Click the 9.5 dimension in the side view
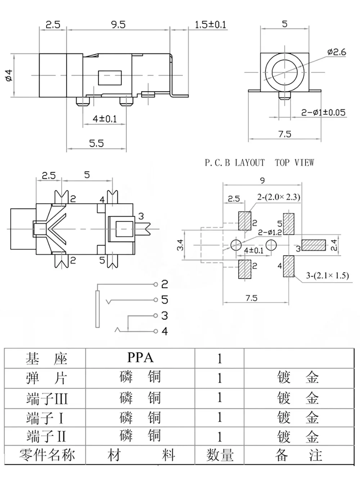(x=118, y=24)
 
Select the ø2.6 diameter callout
(x=337, y=52)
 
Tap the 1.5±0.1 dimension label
(x=210, y=24)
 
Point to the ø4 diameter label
(x=9, y=75)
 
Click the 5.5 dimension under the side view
(x=96, y=143)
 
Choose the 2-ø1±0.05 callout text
(x=323, y=112)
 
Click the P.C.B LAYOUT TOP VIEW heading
(x=260, y=163)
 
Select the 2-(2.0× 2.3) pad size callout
(x=279, y=197)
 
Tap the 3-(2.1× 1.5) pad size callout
(x=327, y=275)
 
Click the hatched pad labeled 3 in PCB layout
(x=314, y=245)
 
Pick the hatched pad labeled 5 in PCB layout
(x=288, y=224)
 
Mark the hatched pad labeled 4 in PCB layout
(x=288, y=266)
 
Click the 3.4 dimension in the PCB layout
(x=180, y=245)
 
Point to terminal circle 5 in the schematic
(x=156, y=300)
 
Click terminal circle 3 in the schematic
(x=156, y=315)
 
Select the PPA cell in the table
(x=140, y=357)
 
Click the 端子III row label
(x=47, y=398)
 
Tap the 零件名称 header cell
(x=47, y=455)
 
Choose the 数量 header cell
(x=220, y=455)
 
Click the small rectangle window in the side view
(x=110, y=78)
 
